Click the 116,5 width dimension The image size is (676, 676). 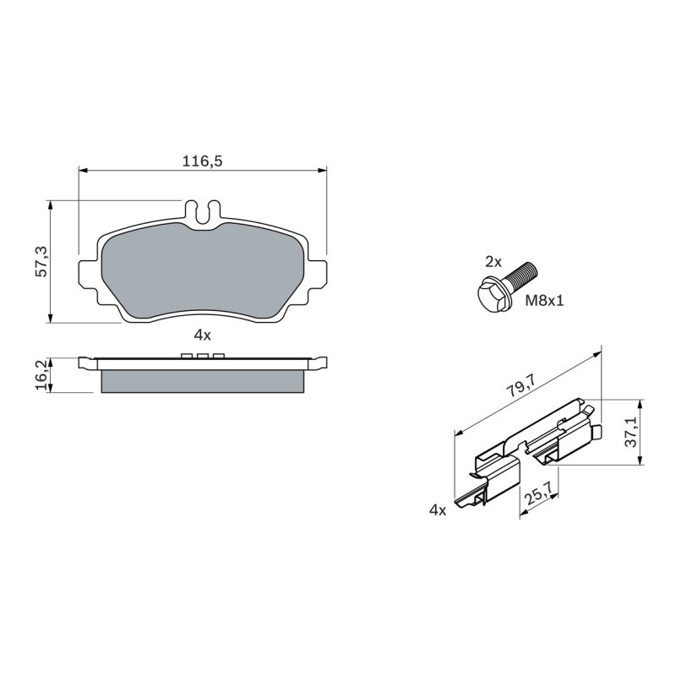pyautogui.click(x=202, y=161)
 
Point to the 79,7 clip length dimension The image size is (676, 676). pyautogui.click(x=521, y=385)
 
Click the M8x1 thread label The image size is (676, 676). pyautogui.click(x=544, y=301)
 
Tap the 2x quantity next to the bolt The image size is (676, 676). pyautogui.click(x=493, y=262)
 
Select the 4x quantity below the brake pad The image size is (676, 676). pyautogui.click(x=202, y=335)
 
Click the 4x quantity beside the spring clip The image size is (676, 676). pyautogui.click(x=438, y=510)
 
